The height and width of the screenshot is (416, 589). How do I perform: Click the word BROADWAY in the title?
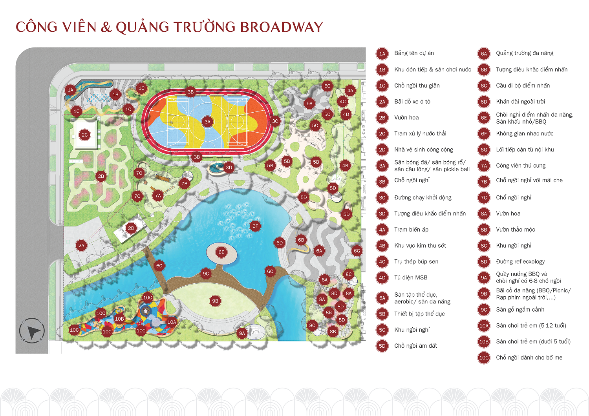pyautogui.click(x=281, y=27)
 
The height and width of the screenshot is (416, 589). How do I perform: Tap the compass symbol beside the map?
pyautogui.click(x=32, y=330)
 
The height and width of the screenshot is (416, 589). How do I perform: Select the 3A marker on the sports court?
pyautogui.click(x=207, y=122)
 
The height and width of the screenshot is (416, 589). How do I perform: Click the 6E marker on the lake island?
pyautogui.click(x=221, y=252)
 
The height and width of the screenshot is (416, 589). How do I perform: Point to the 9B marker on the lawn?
pyautogui.click(x=215, y=301)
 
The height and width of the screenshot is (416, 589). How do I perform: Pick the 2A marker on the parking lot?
pyautogui.click(x=81, y=246)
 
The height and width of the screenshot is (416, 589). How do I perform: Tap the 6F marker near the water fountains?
pyautogui.click(x=255, y=226)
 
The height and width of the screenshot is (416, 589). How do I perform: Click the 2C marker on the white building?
pyautogui.click(x=84, y=135)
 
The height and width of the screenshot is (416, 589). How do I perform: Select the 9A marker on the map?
pyautogui.click(x=242, y=333)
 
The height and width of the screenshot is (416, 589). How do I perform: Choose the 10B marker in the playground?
pyautogui.click(x=119, y=319)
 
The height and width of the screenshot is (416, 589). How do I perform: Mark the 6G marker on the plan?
pyautogui.click(x=357, y=251)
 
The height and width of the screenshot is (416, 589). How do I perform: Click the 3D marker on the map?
pyautogui.click(x=229, y=168)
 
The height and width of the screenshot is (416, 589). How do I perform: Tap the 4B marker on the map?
pyautogui.click(x=345, y=166)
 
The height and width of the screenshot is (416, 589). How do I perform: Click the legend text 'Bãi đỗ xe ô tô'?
pyautogui.click(x=412, y=102)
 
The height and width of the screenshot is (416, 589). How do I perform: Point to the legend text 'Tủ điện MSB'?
pyautogui.click(x=411, y=277)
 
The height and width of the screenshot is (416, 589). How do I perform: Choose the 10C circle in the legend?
pyautogui.click(x=484, y=358)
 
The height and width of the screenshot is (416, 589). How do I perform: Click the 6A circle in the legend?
pyautogui.click(x=484, y=54)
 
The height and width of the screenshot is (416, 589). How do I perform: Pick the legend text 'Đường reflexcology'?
pyautogui.click(x=520, y=262)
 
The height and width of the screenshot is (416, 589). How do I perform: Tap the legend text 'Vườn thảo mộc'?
pyautogui.click(x=515, y=230)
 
